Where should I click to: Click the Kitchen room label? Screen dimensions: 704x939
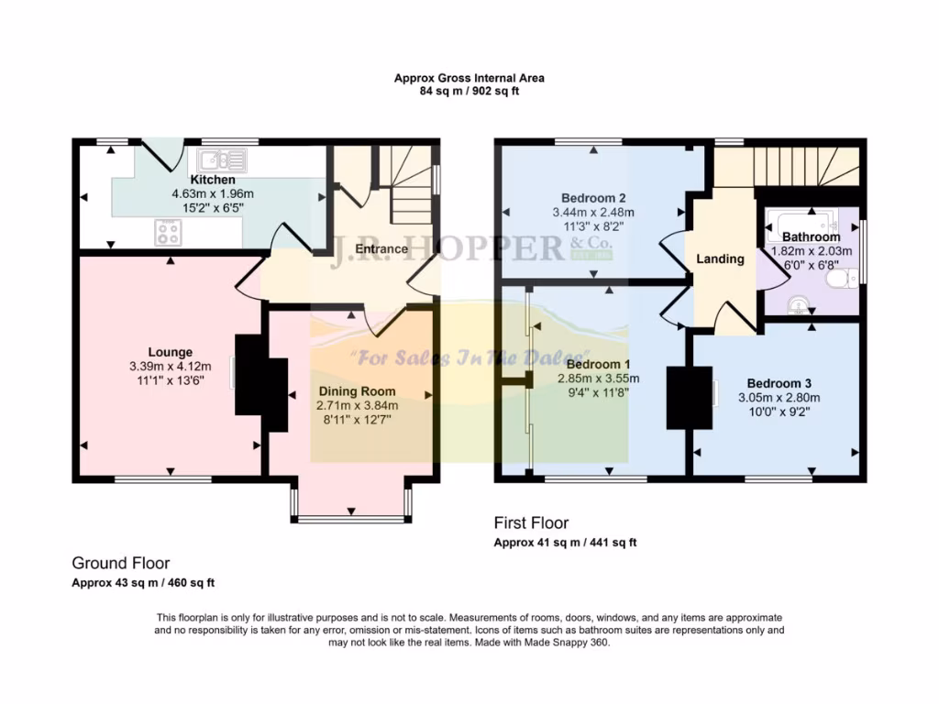211,180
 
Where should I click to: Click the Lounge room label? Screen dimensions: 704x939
171,352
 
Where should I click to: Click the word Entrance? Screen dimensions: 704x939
381,248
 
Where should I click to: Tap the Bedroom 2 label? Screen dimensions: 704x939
593,198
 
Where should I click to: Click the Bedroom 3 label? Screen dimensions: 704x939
779,383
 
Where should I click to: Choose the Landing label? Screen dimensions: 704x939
720,258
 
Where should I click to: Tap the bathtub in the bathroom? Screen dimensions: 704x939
802,220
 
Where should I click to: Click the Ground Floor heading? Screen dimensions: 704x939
121,564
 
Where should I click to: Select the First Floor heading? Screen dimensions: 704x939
531,523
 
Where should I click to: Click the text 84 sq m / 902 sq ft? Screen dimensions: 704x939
469,92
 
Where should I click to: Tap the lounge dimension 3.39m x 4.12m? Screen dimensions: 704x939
171,367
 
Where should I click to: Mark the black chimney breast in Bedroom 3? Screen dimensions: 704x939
689,397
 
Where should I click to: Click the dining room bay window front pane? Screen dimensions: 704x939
351,520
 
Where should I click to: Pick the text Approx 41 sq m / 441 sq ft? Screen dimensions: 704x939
565,543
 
